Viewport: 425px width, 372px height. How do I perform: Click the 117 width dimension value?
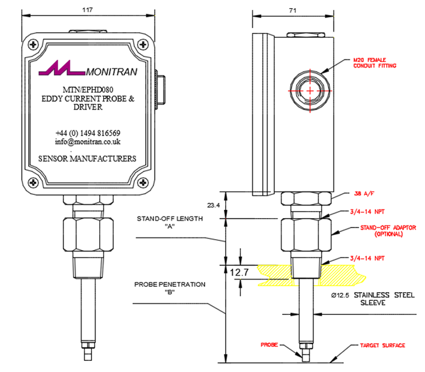[x=88, y=10]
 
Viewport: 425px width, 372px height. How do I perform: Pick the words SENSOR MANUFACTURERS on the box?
[x=87, y=159]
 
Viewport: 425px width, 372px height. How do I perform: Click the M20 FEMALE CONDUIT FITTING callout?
[x=374, y=62]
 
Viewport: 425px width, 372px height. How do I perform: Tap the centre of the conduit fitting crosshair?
[x=309, y=92]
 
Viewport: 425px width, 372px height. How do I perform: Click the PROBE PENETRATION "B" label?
[x=170, y=289]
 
